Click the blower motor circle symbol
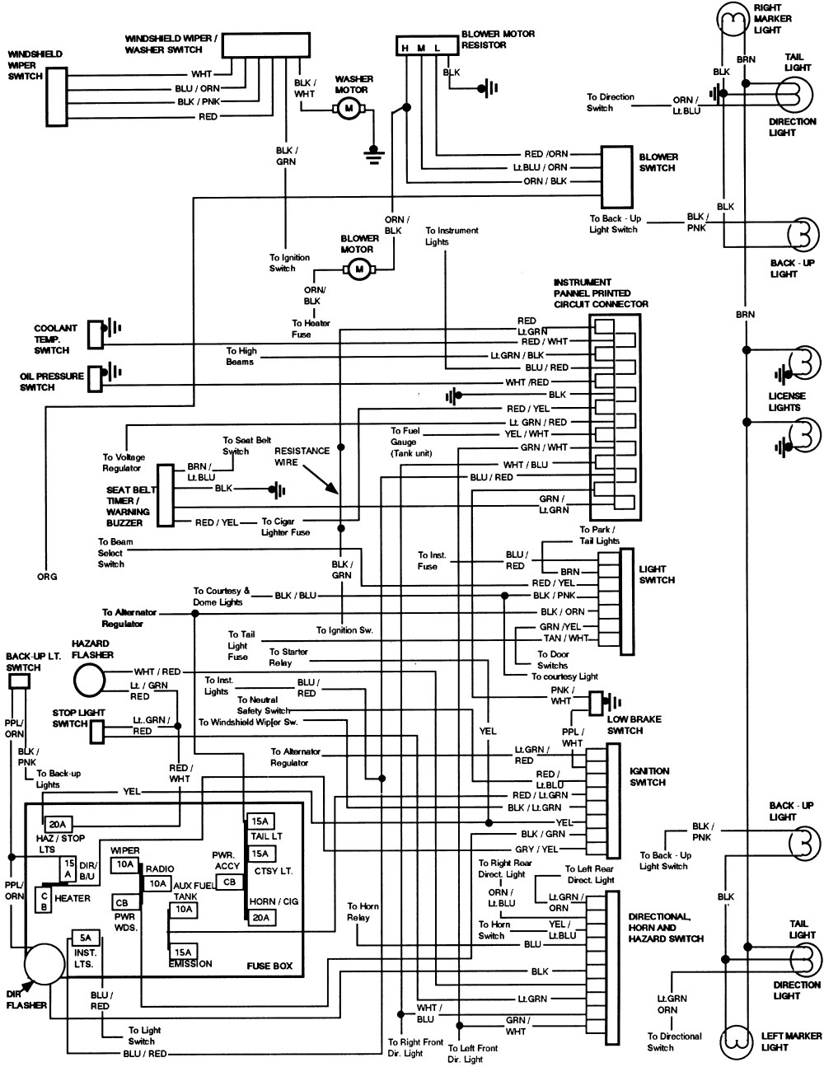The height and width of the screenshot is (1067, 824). (x=358, y=268)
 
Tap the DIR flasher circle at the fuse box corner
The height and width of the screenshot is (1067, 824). (x=44, y=966)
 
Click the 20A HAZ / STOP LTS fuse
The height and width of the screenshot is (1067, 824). (x=59, y=824)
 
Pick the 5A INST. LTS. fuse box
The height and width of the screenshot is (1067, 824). (x=85, y=938)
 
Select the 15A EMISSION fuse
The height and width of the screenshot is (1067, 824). (x=183, y=951)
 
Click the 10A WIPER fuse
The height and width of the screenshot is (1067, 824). (x=125, y=864)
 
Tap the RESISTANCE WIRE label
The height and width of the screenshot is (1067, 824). (x=302, y=456)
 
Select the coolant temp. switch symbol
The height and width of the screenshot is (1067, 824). (x=96, y=328)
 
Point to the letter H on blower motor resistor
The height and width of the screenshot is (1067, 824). (x=405, y=49)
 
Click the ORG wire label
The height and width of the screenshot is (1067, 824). (x=47, y=577)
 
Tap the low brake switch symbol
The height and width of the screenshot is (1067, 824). (x=597, y=703)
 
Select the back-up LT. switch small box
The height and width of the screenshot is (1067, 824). (x=18, y=681)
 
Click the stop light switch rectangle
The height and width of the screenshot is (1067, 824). (x=97, y=730)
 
